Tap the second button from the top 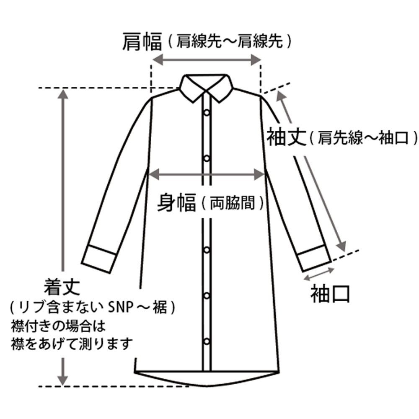207,158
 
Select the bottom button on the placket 207,340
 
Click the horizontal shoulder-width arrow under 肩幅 207,60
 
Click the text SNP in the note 121,308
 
